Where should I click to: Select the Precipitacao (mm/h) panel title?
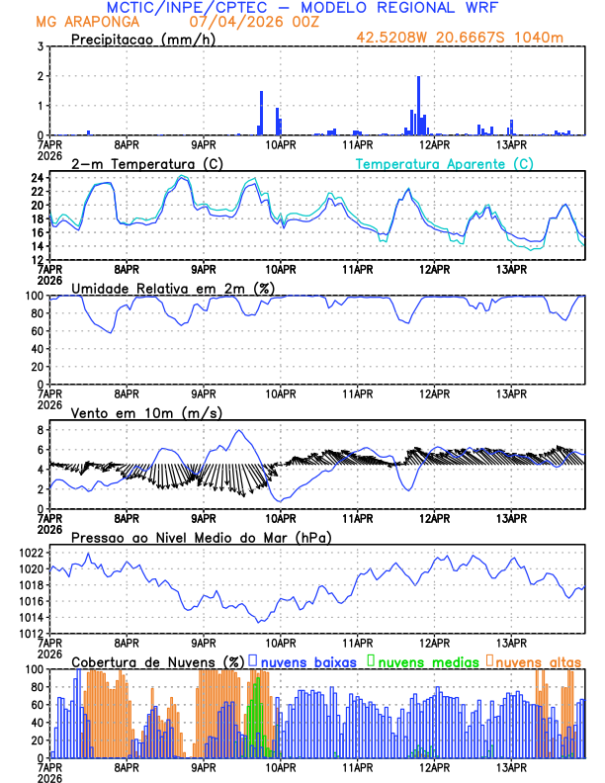pyautogui.click(x=140, y=40)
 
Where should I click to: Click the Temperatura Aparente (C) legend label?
pyautogui.click(x=445, y=163)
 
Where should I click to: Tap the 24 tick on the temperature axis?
pyautogui.click(x=35, y=178)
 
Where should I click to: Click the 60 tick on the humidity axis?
pyautogui.click(x=35, y=331)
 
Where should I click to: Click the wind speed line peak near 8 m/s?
pyautogui.click(x=237, y=430)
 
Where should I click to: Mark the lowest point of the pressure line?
pyautogui.click(x=259, y=621)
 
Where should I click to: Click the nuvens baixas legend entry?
pyautogui.click(x=306, y=661)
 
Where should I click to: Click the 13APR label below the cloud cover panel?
pyautogui.click(x=511, y=766)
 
